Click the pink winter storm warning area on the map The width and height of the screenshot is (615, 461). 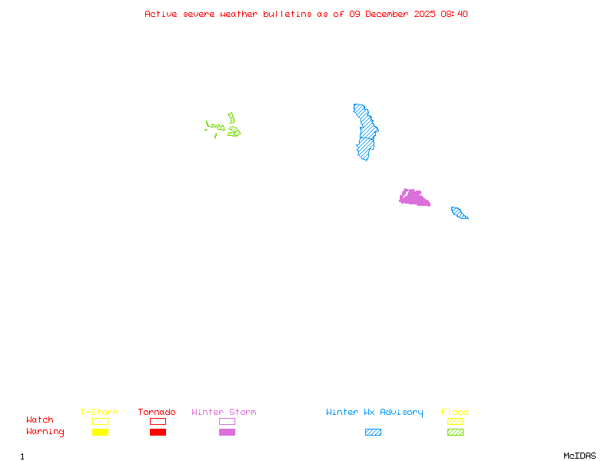point(414,198)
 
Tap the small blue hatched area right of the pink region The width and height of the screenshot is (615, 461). point(459,213)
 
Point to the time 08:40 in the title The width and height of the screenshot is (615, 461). point(455,14)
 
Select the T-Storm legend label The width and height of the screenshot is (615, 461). point(99,413)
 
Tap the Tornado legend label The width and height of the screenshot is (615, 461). point(157,413)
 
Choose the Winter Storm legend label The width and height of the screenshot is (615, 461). point(224,413)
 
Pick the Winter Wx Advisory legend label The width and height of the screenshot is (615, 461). point(374,413)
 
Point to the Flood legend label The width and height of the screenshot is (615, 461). point(455,413)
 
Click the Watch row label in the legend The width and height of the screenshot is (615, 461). point(40,420)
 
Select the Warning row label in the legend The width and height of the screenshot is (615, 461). point(45,432)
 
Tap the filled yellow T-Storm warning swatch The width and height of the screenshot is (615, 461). point(100,433)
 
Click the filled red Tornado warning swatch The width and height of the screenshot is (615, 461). point(158,433)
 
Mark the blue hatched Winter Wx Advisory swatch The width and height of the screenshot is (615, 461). point(373,433)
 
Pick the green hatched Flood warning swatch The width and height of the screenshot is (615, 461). point(455,433)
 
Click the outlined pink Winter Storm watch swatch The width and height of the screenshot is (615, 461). point(227,421)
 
